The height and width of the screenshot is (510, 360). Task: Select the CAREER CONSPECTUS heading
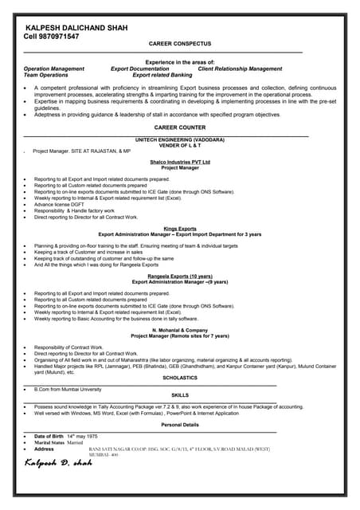(179, 46)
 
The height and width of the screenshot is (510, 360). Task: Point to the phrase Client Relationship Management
(240, 69)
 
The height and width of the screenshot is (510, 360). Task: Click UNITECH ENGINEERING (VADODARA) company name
(179, 139)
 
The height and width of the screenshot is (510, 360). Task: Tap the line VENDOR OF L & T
(179, 144)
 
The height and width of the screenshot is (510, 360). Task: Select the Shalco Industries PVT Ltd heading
(180, 162)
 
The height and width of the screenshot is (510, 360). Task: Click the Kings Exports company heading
(180, 228)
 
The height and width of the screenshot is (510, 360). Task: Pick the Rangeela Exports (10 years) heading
(180, 276)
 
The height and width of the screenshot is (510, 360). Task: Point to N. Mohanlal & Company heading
(180, 330)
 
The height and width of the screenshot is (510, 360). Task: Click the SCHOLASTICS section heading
(179, 378)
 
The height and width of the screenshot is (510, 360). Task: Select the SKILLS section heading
(180, 395)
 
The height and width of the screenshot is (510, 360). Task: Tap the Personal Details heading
(180, 425)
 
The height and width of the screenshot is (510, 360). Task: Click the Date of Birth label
(50, 437)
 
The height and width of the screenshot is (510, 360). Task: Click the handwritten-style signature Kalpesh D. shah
(58, 462)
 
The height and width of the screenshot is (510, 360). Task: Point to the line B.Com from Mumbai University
(68, 389)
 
